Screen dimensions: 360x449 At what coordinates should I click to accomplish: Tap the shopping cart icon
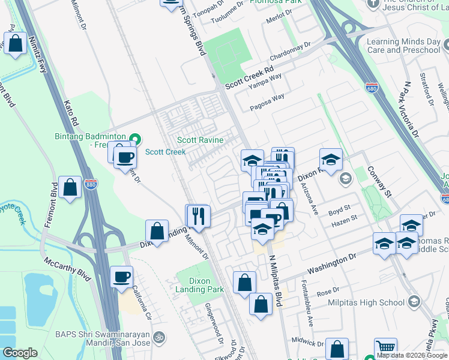pyautogui.click(x=385, y=348)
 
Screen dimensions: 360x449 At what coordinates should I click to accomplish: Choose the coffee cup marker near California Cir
pyautogui.click(x=121, y=277)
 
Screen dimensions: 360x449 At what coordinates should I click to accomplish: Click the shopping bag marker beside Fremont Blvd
pyautogui.click(x=70, y=187)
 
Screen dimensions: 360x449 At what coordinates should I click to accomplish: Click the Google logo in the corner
pyautogui.click(x=20, y=353)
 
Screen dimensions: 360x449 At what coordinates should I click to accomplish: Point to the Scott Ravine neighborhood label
pyautogui.click(x=200, y=140)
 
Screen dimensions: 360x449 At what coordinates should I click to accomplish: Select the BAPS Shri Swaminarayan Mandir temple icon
pyautogui.click(x=158, y=336)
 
